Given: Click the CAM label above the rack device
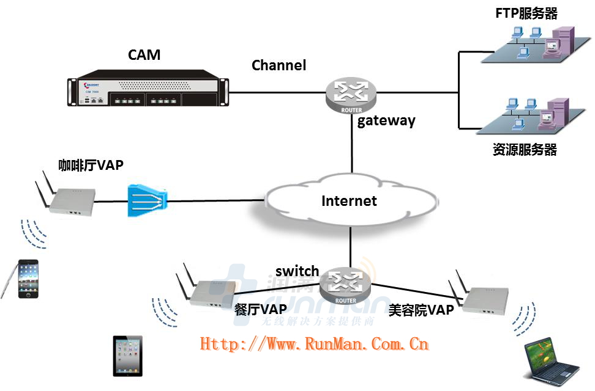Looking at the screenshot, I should pos(144,54).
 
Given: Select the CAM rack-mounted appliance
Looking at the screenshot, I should pos(147,91).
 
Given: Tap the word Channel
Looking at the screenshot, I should pos(279,65).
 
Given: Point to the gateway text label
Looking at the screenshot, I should pos(386,120).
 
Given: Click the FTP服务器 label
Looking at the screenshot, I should pos(526,13).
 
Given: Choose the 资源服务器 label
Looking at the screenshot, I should pos(525,148).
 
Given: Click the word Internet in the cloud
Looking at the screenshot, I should pos(349,200).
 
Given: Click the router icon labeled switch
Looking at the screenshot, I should pos(346,284).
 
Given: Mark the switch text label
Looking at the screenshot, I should pos(297,271).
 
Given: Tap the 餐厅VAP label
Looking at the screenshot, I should pos(261,309).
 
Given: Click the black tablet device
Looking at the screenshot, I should pos(127,356).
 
